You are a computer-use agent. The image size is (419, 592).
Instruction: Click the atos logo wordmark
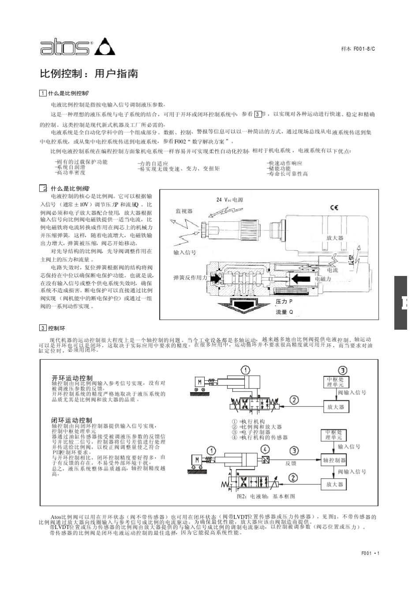[66, 47]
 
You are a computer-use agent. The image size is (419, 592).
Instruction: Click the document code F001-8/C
[358, 48]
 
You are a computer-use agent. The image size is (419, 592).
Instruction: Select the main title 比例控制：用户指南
[89, 74]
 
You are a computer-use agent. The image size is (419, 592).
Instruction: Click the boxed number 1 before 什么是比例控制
[43, 93]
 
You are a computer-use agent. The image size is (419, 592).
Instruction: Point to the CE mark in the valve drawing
[334, 208]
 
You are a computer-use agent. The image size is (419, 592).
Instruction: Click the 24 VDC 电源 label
[230, 200]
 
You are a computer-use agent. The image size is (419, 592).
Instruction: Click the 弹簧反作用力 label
[190, 278]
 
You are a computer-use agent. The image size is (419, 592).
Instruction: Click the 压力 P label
[284, 302]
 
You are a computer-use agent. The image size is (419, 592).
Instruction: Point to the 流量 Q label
[284, 312]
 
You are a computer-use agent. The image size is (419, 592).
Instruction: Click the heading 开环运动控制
[72, 378]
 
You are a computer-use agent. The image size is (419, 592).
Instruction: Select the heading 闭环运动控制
[72, 420]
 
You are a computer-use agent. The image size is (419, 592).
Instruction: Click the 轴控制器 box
[335, 460]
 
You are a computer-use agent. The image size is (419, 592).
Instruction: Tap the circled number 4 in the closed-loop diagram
[265, 450]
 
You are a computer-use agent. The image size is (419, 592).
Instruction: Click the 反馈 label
[291, 463]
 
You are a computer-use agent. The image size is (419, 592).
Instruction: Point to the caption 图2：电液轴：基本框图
[266, 496]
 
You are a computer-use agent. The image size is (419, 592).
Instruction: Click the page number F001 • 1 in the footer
[370, 554]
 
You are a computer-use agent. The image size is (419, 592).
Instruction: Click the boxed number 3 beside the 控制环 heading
[43, 328]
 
